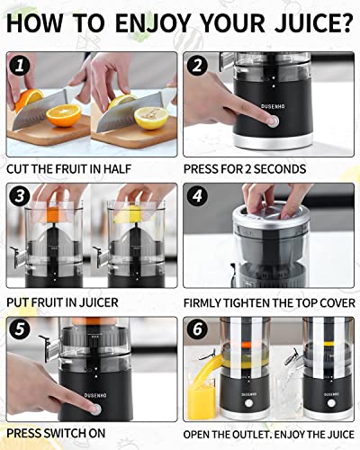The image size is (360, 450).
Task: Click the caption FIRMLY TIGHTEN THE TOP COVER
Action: (267, 302)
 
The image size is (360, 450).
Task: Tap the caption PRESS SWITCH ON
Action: (57, 433)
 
